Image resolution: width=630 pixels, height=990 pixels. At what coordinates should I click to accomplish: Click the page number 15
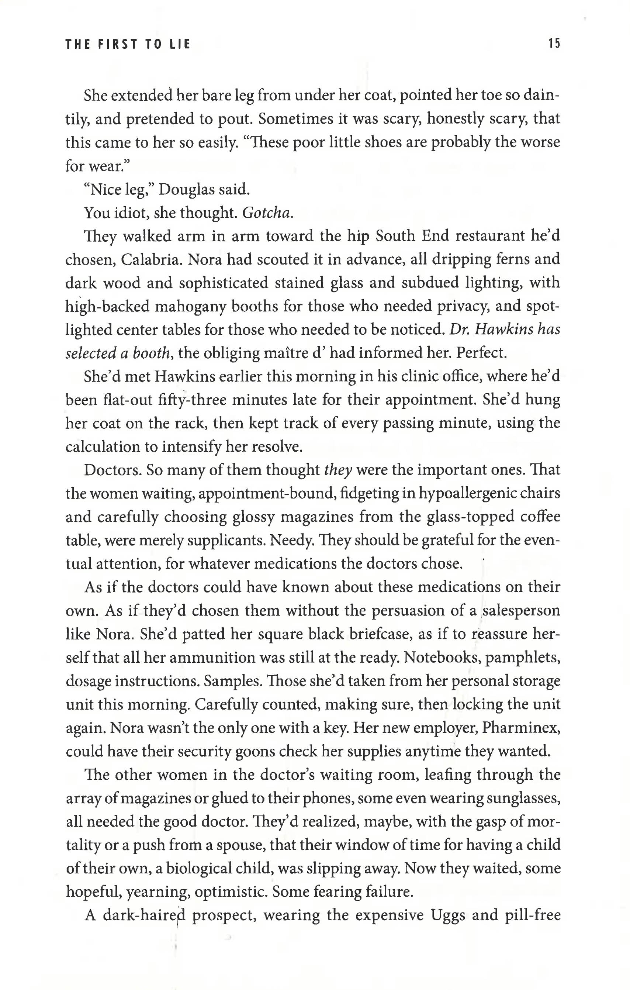pyautogui.click(x=554, y=44)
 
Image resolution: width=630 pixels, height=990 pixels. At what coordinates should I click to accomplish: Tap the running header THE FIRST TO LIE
pyautogui.click(x=128, y=44)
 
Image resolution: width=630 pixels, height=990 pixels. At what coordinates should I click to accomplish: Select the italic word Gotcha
pyautogui.click(x=267, y=213)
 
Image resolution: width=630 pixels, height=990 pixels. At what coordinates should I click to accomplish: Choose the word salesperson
pyautogui.click(x=521, y=611)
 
